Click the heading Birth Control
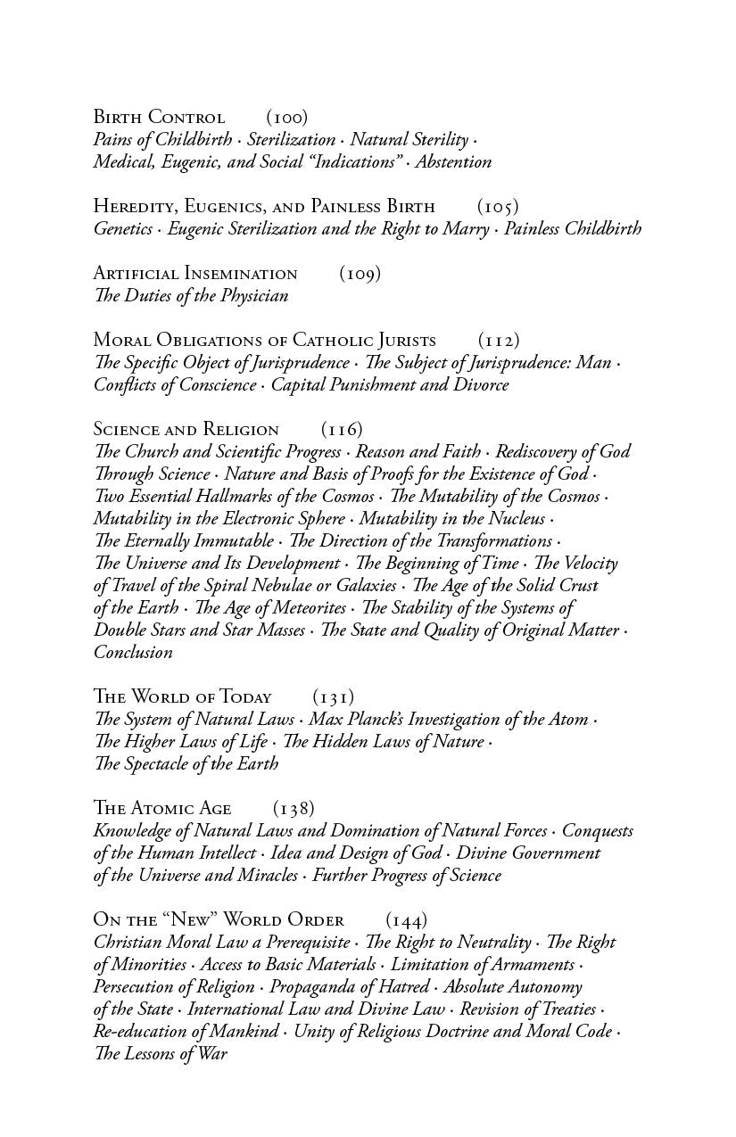159,117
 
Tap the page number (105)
498,206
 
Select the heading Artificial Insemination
195,273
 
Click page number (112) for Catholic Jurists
499,340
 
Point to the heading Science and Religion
186,429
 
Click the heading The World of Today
182,696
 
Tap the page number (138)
294,808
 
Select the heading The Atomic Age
162,808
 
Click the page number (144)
407,919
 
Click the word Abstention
454,161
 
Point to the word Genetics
123,228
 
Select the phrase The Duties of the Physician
191,295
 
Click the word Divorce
481,384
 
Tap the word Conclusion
133,652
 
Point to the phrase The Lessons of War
161,1053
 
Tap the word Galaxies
362,585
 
